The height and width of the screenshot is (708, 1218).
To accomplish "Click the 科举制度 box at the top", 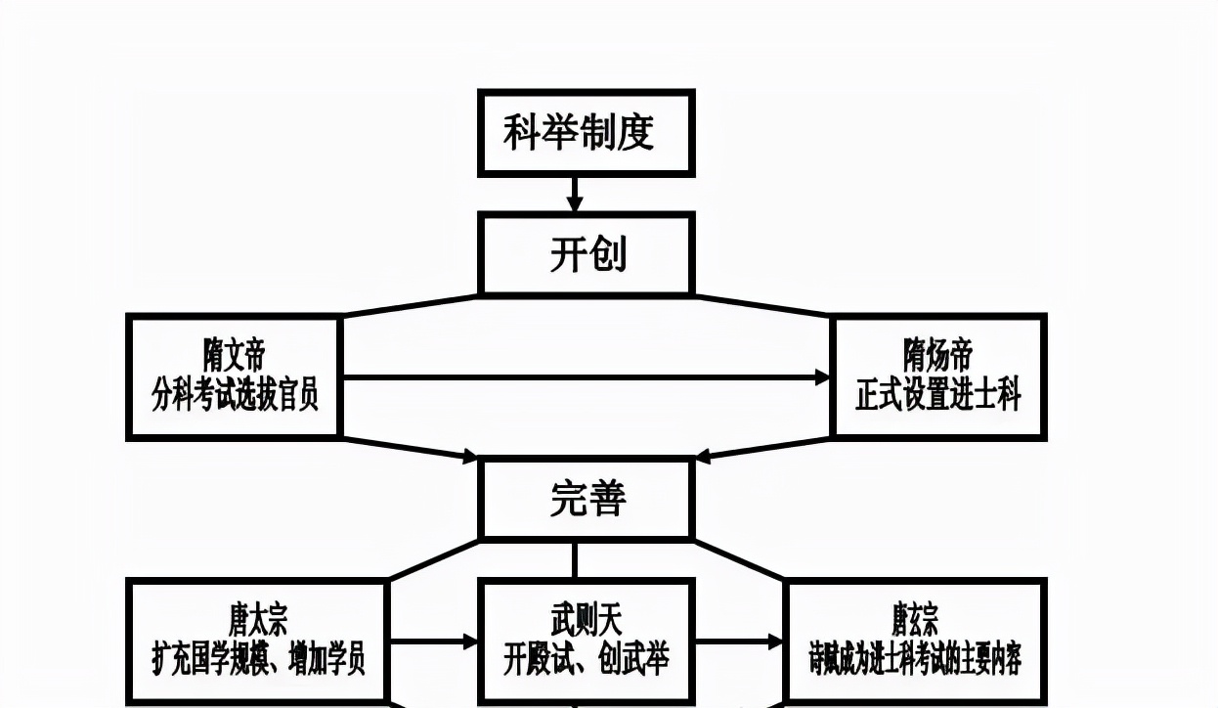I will click(586, 133).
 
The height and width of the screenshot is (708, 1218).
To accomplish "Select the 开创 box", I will click(586, 254).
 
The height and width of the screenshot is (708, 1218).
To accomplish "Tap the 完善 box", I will click(586, 499).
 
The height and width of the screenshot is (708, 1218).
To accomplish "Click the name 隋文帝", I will click(234, 355).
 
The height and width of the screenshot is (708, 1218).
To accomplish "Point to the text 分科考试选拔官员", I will click(234, 396).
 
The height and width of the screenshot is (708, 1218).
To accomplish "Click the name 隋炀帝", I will click(937, 355).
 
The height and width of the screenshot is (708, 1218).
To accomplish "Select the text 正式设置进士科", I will click(937, 396).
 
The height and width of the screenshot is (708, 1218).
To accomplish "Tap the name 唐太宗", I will click(258, 619).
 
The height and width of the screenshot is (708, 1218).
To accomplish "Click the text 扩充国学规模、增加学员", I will click(258, 658).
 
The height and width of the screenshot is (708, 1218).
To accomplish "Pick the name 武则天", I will click(586, 619).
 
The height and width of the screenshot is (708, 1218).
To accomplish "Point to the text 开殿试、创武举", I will click(586, 658).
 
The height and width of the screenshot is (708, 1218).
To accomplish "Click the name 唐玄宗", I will click(915, 619).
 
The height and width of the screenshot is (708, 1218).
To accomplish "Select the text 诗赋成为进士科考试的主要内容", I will click(915, 658).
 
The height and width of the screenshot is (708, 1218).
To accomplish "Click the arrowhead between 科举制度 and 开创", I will click(575, 204).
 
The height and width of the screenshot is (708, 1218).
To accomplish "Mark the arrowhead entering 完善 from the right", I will click(702, 456).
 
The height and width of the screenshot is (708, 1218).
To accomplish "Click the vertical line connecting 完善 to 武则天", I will click(574, 559).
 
